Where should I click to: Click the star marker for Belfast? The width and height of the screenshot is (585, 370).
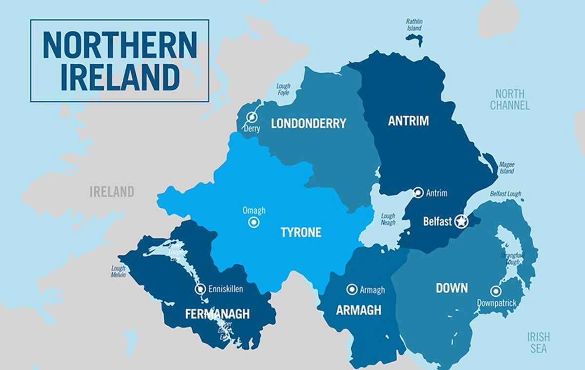pyautogui.click(x=461, y=222)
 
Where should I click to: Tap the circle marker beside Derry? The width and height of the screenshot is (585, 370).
pyautogui.click(x=252, y=117)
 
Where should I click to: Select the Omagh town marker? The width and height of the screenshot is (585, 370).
pyautogui.click(x=253, y=223)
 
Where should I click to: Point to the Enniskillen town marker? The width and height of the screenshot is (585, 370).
pyautogui.click(x=200, y=289)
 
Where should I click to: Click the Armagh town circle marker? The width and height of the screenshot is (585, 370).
pyautogui.click(x=351, y=290)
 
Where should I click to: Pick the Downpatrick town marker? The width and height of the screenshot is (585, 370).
pyautogui.click(x=495, y=292)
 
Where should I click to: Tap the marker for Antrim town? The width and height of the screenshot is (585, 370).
pyautogui.click(x=418, y=193)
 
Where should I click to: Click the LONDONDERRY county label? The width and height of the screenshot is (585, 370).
pyautogui.click(x=308, y=123)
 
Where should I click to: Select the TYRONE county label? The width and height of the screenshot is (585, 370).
pyautogui.click(x=301, y=233)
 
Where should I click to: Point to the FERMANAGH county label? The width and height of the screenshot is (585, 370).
pyautogui.click(x=217, y=314)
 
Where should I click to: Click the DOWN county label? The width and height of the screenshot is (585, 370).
pyautogui.click(x=451, y=288)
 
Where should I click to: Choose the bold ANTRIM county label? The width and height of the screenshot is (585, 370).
pyautogui.click(x=408, y=121)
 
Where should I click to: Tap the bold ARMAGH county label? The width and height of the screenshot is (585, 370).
pyautogui.click(x=358, y=311)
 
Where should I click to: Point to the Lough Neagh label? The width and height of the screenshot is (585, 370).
pyautogui.click(x=388, y=219)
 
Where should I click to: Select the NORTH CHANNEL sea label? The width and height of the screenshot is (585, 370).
pyautogui.click(x=509, y=99)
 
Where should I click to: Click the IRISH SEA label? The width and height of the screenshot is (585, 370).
pyautogui.click(x=538, y=342)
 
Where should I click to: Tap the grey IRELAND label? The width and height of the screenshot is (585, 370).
pyautogui.click(x=112, y=192)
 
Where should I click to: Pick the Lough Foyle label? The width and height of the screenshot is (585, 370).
pyautogui.click(x=283, y=89)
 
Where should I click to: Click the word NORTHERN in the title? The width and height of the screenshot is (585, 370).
pyautogui.click(x=119, y=45)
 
